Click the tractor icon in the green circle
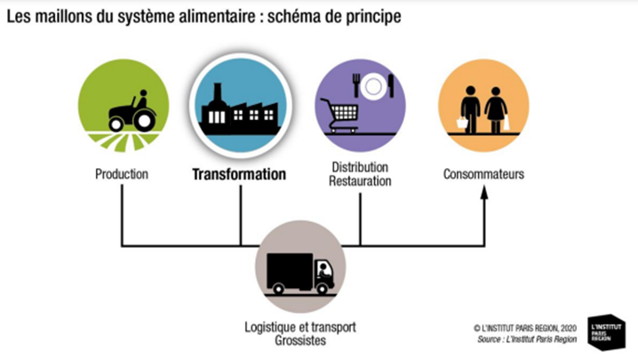coord(132,111)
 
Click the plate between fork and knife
coord(372,85)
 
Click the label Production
coord(122,174)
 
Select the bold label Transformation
coord(239,174)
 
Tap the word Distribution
coord(361,167)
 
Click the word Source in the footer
coord(492,339)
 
